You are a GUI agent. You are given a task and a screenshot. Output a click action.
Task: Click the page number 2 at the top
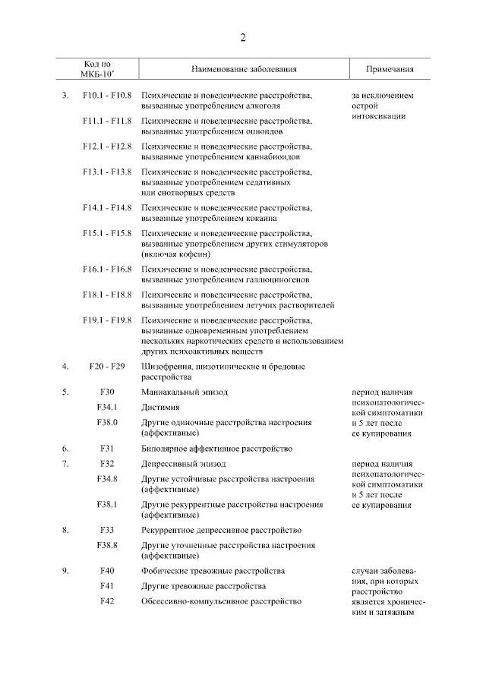coord(243,38)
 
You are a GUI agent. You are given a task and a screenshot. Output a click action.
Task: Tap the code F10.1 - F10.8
coord(107,96)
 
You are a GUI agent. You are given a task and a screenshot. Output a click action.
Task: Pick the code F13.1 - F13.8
coord(107,172)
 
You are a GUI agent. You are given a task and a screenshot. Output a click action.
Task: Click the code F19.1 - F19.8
coord(107,320)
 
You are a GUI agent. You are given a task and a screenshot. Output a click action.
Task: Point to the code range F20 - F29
coord(107,367)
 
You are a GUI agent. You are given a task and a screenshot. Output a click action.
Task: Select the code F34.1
coord(107,408)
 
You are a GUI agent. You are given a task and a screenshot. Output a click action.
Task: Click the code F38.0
coord(107,423)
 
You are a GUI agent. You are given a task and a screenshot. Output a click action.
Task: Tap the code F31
coord(107,449)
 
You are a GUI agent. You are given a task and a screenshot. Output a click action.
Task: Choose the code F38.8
coord(107,546)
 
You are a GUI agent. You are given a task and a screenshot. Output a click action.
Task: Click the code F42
coord(107,601)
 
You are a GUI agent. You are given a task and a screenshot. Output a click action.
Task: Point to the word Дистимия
coord(159,408)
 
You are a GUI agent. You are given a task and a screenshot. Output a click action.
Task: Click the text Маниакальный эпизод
coord(185,392)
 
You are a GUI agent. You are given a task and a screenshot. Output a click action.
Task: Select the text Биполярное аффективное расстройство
coord(216,449)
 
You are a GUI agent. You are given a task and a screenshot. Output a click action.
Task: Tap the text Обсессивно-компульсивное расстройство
coord(221,601)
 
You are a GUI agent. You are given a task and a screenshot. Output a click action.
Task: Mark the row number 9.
coord(66,571)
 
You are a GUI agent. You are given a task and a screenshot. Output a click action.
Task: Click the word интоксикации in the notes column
coord(378,116)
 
